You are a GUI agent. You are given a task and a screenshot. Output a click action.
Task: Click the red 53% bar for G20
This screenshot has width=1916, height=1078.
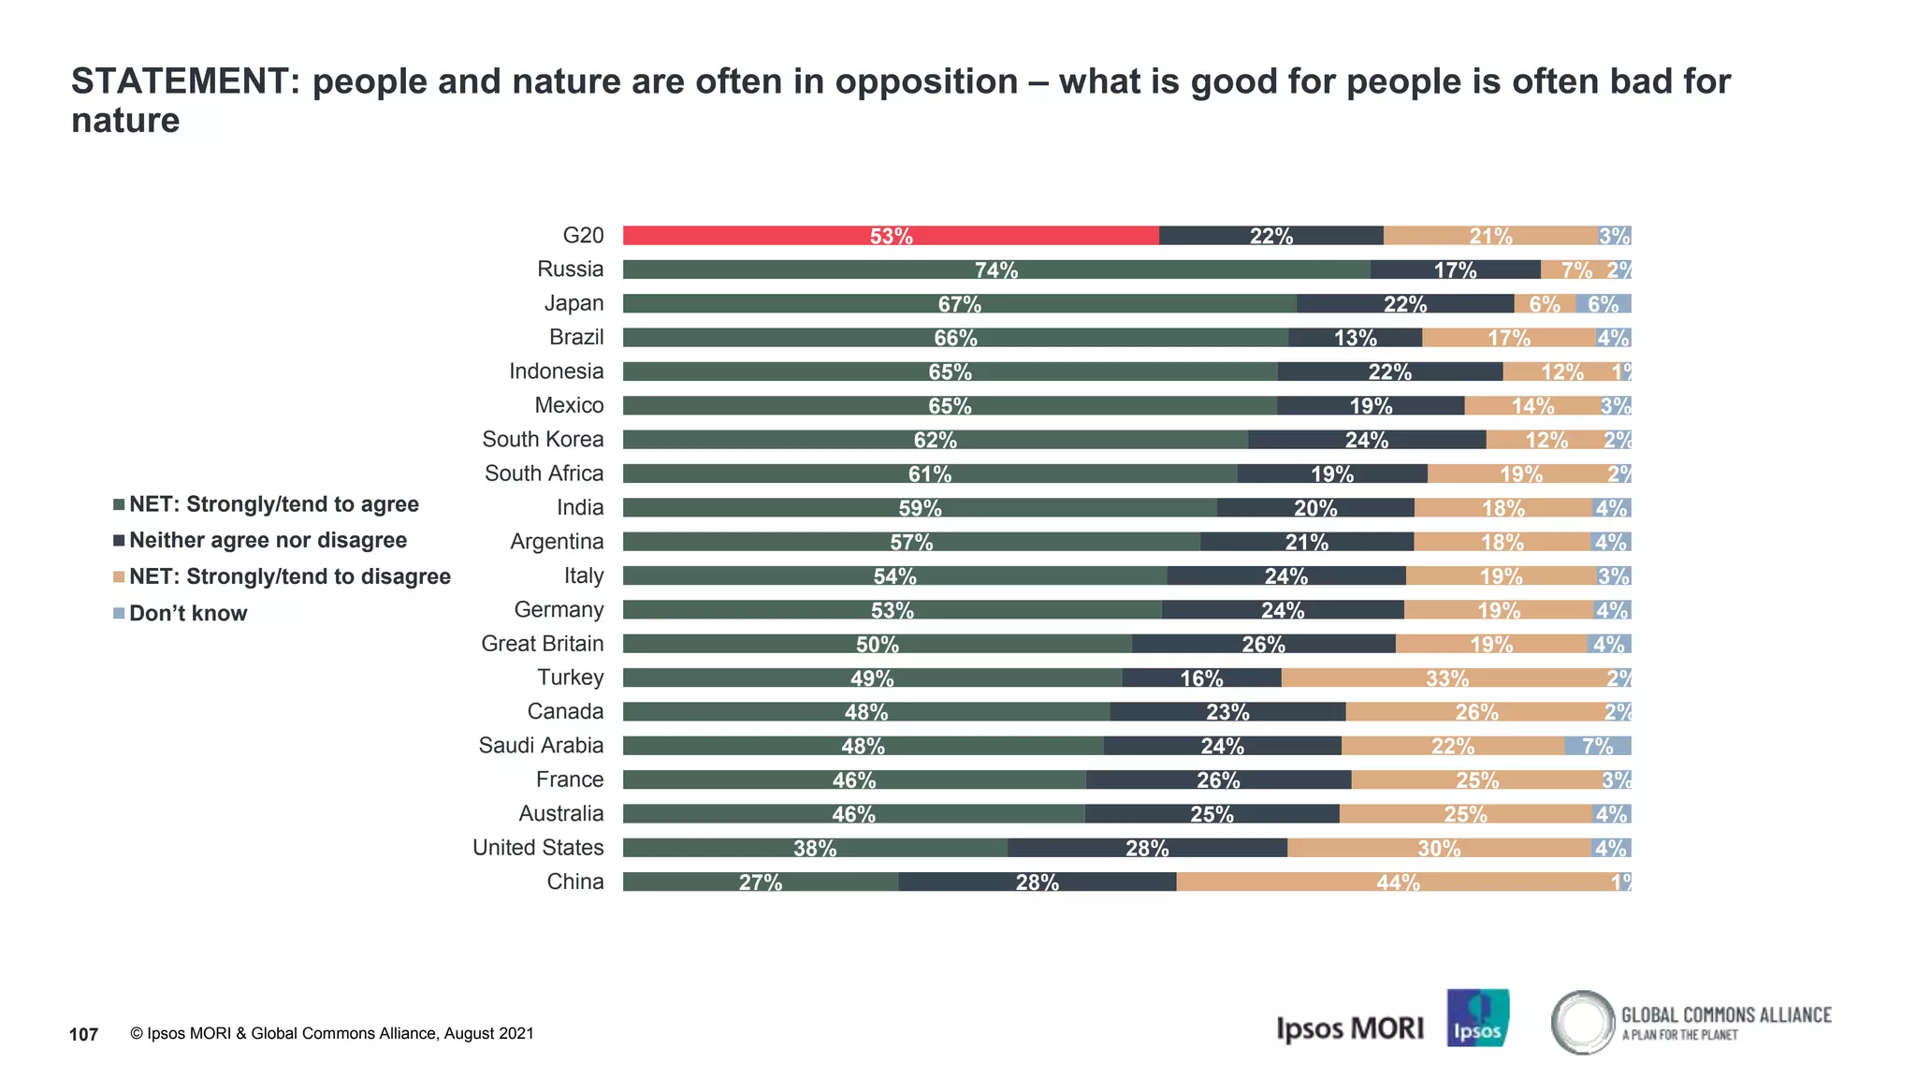click(891, 236)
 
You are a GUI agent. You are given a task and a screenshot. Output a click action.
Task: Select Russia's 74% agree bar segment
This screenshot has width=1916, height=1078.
click(996, 269)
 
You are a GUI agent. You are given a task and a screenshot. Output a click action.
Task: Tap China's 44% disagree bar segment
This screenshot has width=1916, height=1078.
click(1398, 881)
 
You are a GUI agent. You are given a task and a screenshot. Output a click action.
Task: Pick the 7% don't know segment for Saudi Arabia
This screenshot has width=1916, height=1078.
click(1598, 746)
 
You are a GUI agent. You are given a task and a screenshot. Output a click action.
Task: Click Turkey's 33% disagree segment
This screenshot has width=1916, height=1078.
click(1446, 677)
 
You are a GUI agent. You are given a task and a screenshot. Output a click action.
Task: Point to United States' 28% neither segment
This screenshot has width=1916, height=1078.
click(1147, 848)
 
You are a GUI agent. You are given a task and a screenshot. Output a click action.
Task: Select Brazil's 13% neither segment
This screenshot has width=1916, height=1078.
click(1355, 338)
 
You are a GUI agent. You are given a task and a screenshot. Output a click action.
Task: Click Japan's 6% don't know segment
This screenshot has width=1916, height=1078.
click(1603, 304)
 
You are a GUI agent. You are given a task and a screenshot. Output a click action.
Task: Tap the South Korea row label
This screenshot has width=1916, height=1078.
click(543, 440)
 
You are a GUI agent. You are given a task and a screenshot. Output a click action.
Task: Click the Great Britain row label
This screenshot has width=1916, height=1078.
click(542, 644)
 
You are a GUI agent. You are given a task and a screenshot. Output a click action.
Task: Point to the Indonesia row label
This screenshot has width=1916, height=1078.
click(556, 371)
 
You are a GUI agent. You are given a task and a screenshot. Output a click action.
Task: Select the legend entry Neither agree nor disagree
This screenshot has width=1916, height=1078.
click(268, 541)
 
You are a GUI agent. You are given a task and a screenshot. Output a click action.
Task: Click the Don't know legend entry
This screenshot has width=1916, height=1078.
click(187, 614)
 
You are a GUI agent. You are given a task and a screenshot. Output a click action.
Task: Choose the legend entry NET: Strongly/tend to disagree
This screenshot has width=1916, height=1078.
click(289, 576)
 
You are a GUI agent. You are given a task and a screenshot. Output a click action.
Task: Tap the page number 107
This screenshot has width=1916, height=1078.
click(84, 1034)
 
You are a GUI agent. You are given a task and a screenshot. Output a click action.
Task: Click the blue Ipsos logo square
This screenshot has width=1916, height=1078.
click(1477, 1018)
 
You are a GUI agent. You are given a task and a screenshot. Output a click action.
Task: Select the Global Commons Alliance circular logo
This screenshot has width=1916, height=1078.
click(1583, 1022)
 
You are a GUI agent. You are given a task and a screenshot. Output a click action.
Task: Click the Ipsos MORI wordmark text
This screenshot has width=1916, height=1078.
click(1349, 1028)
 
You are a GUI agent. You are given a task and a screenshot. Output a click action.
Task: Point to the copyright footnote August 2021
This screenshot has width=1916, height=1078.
click(332, 1034)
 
